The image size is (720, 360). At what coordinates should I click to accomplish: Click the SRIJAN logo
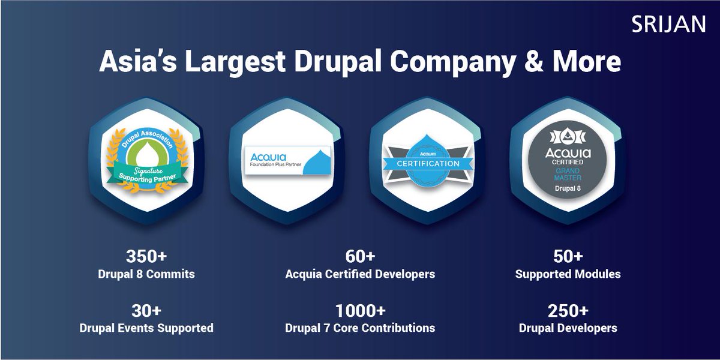point(668,24)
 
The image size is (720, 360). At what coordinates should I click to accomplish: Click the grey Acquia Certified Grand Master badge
point(568,163)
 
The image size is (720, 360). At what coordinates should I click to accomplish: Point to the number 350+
point(146,256)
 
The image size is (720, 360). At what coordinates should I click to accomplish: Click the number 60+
point(360,256)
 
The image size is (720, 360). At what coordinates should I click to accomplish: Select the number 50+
point(567,256)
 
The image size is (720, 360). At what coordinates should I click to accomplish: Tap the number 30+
point(146,311)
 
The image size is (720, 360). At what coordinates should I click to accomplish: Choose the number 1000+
point(360,311)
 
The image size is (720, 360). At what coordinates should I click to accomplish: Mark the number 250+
point(568,311)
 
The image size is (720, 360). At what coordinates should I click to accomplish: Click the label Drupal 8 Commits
point(146,274)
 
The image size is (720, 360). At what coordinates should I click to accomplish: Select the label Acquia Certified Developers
point(360,274)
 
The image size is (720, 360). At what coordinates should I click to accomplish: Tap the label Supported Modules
point(568,274)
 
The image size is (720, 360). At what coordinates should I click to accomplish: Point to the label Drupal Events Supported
point(146,328)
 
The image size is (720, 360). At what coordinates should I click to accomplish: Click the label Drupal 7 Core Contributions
point(360,328)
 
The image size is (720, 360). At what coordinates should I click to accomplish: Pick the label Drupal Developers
point(568,328)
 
